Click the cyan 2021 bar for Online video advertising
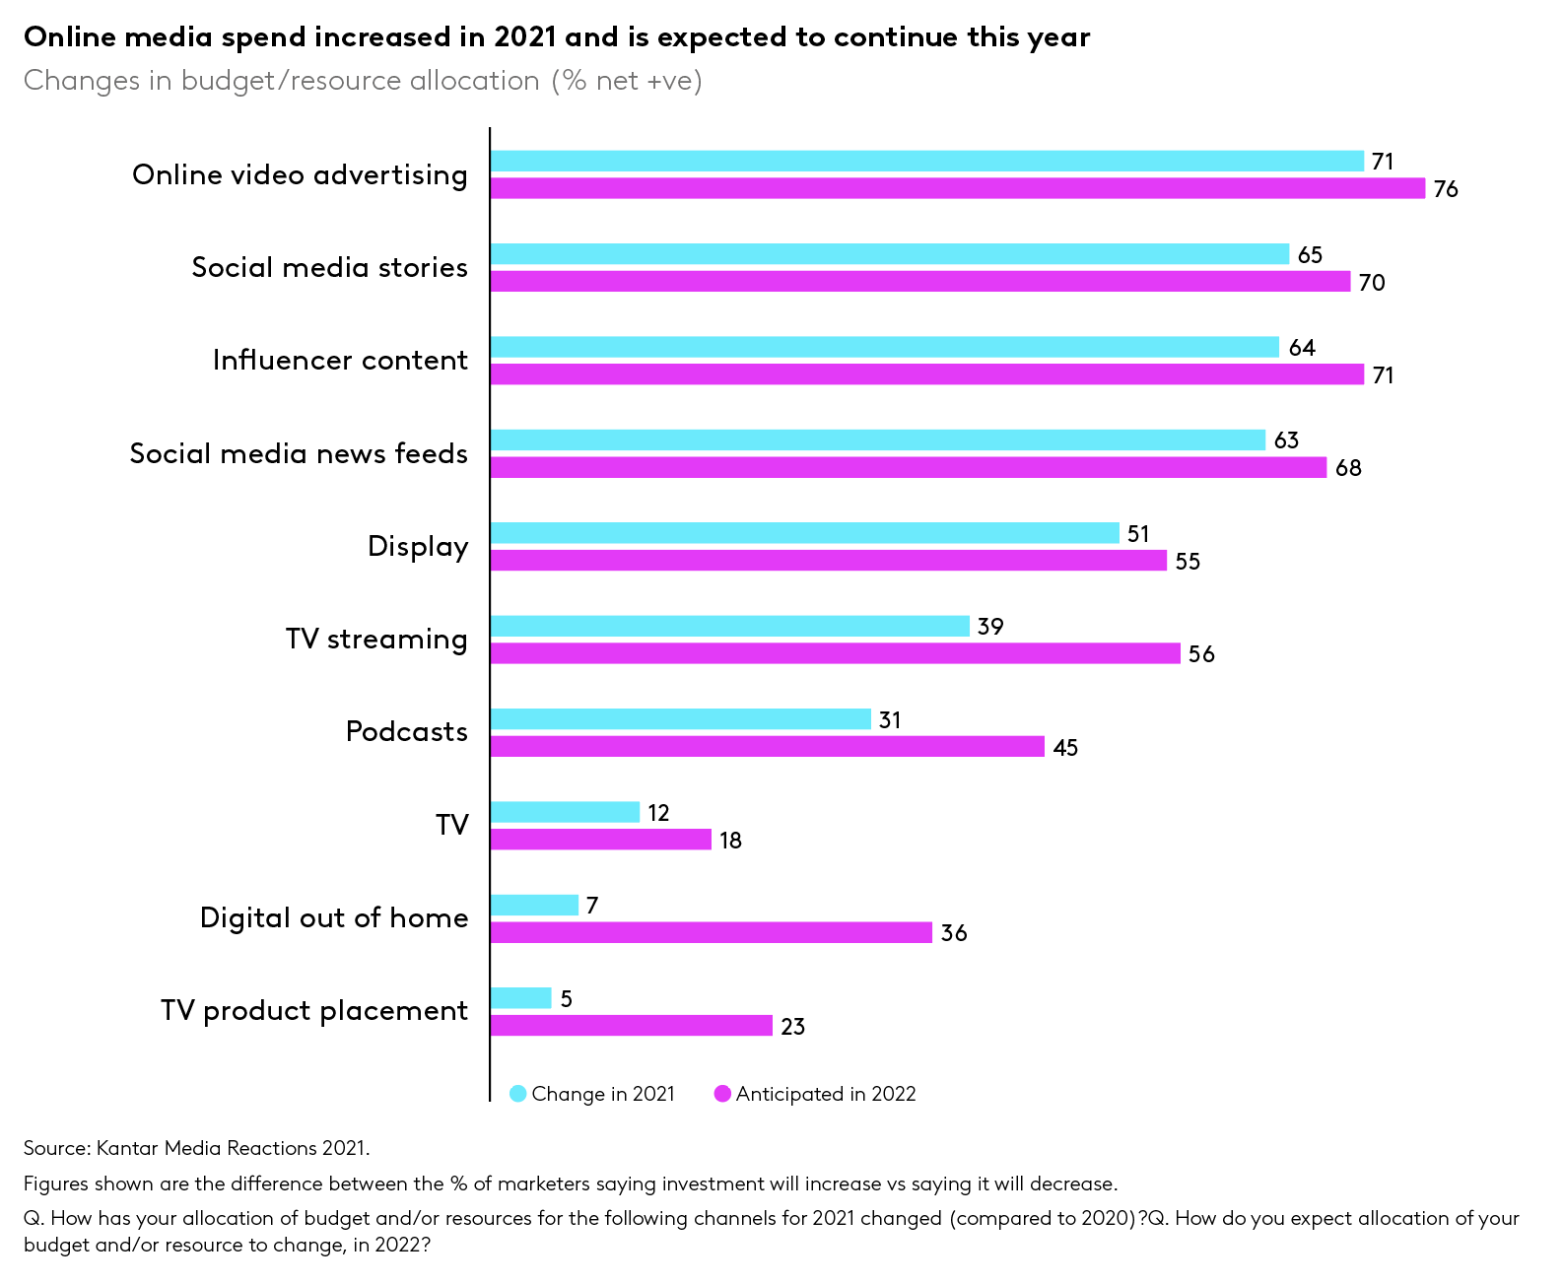[x=926, y=161]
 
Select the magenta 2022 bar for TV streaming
[x=835, y=653]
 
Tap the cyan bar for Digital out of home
[x=534, y=905]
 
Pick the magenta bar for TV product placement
[x=631, y=1026]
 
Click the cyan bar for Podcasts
[x=680, y=719]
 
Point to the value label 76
[x=1445, y=189]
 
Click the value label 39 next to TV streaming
[x=989, y=627]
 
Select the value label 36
[x=953, y=933]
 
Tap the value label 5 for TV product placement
[x=566, y=999]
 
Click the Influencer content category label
[x=340, y=361]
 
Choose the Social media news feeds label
[x=299, y=453]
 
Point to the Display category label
[x=418, y=547]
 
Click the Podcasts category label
[x=406, y=732]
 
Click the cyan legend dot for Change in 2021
[x=518, y=1094]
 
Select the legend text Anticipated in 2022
[x=826, y=1094]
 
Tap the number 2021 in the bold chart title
[x=526, y=37]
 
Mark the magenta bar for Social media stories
[x=919, y=282]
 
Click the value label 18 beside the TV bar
[x=730, y=841]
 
